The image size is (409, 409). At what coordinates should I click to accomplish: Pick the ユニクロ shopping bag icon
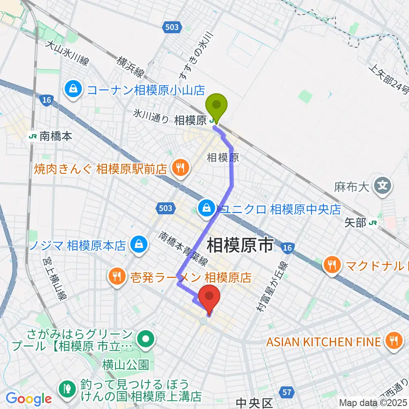207,209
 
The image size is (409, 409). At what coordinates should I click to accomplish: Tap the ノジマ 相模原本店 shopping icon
138,245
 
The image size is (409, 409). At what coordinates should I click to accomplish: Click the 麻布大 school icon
382,185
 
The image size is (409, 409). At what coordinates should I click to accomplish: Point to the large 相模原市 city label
240,246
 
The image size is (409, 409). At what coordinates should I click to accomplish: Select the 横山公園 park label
119,365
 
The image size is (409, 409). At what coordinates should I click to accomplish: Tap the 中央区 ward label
254,403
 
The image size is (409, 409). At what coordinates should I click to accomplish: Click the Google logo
29,399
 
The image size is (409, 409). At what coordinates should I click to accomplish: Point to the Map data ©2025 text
373,403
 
